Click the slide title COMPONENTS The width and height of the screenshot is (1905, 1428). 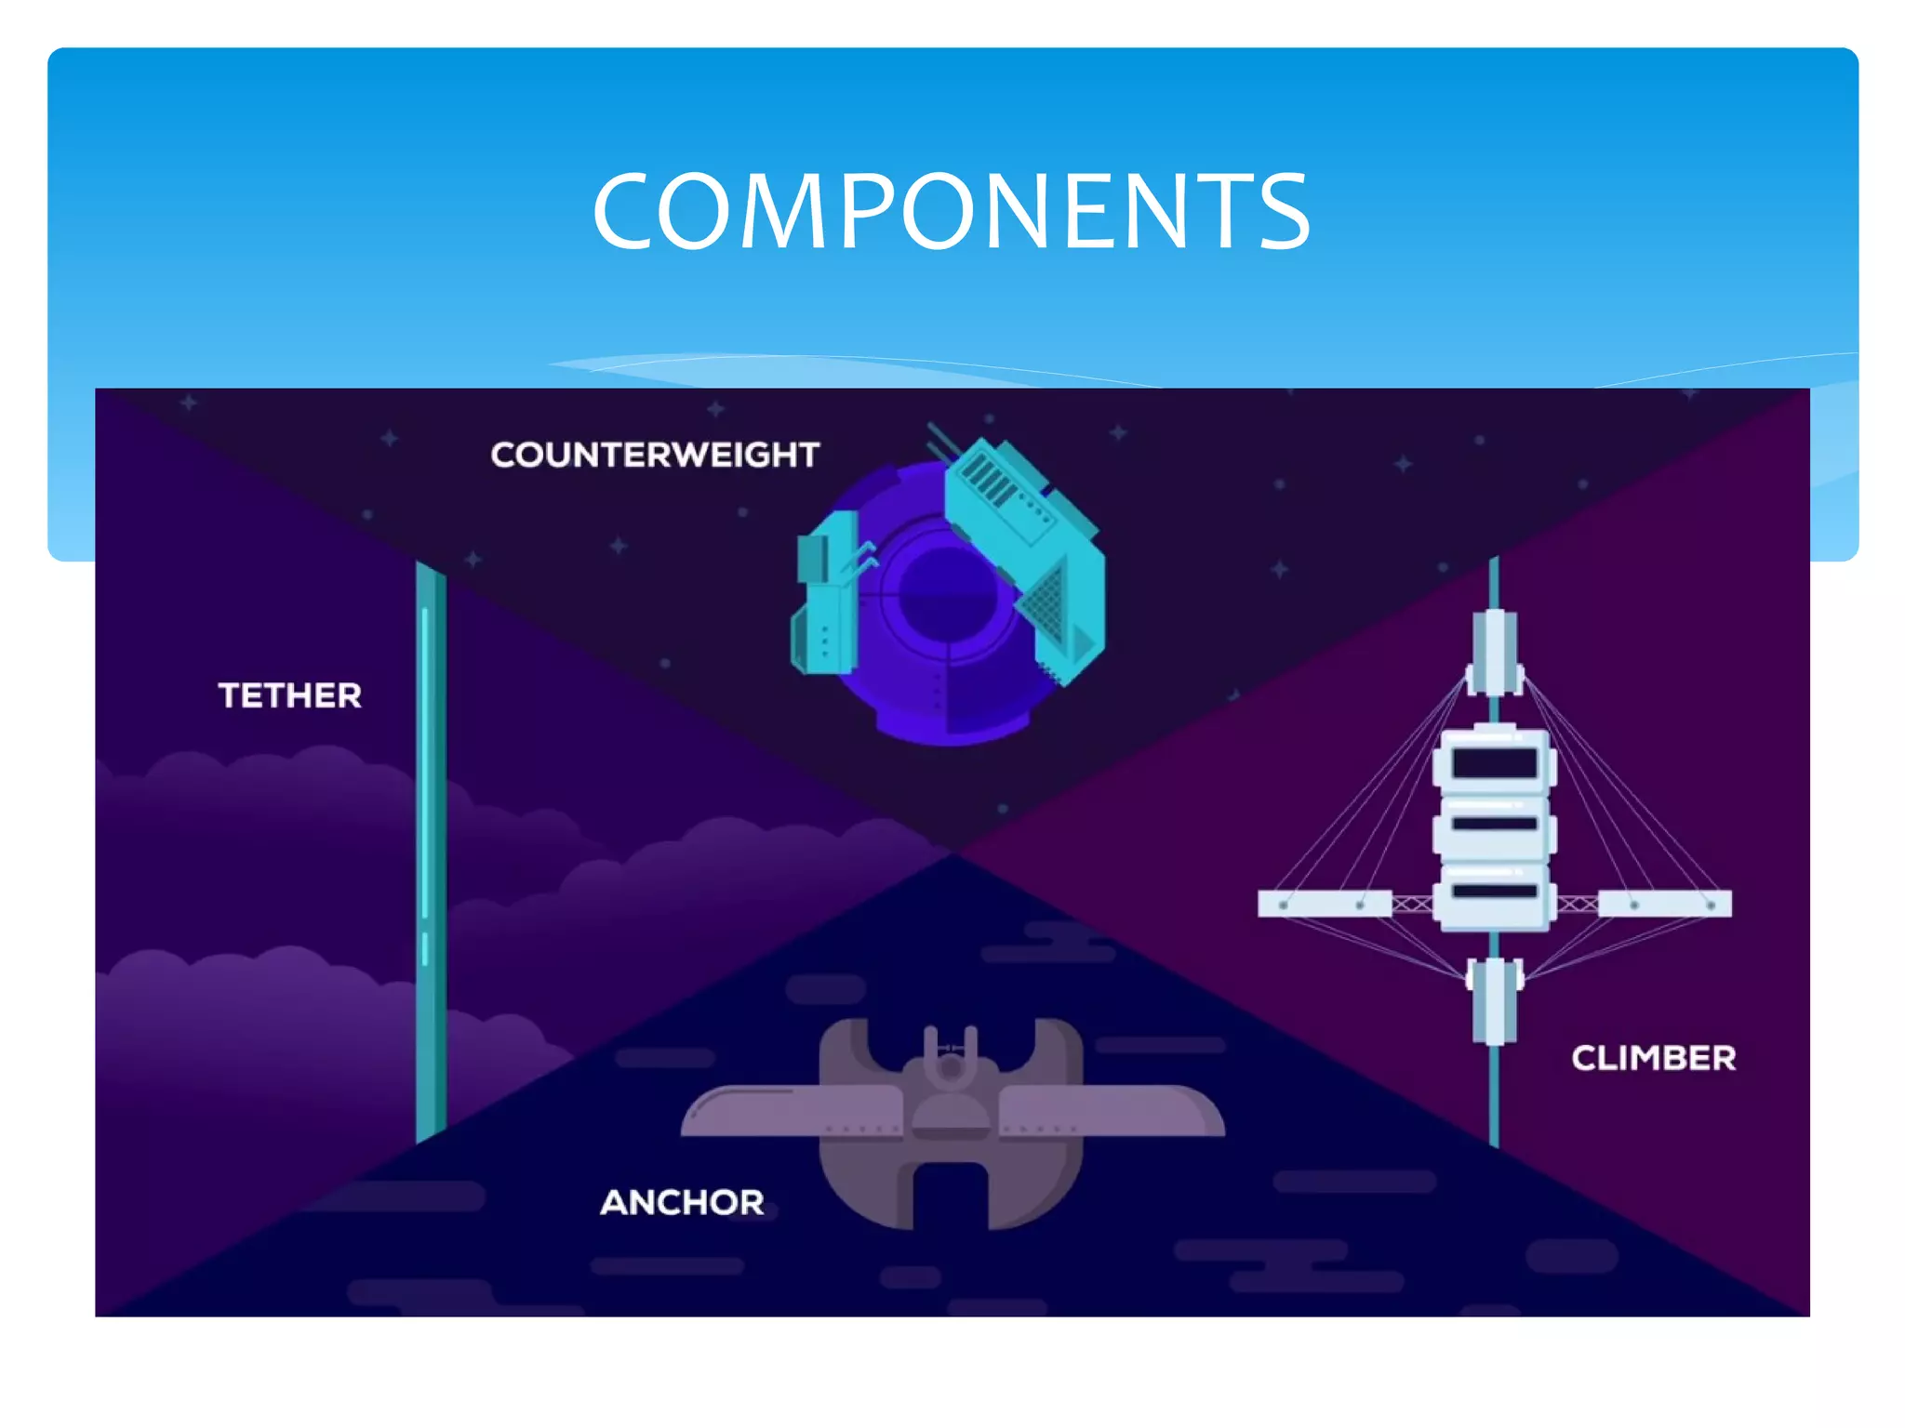(951, 212)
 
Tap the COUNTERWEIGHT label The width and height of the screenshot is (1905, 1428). (655, 455)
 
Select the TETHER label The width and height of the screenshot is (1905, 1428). (289, 695)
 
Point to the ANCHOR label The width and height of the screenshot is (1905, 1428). (682, 1202)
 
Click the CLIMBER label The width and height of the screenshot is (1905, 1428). (1653, 1058)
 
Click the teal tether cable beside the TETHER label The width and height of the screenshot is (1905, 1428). (430, 837)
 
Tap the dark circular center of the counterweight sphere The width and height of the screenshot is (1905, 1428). (944, 595)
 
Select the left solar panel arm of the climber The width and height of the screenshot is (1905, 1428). (1324, 904)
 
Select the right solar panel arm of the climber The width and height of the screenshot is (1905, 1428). (1665, 904)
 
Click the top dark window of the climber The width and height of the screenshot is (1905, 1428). (1494, 764)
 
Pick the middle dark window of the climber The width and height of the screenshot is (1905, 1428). (1494, 824)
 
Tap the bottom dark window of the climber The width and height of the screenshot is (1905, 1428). (1494, 892)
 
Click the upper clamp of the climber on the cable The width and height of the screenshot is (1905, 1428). (1494, 653)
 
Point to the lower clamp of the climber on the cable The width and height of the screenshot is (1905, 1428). (1494, 999)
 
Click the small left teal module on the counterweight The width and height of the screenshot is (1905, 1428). (824, 595)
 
